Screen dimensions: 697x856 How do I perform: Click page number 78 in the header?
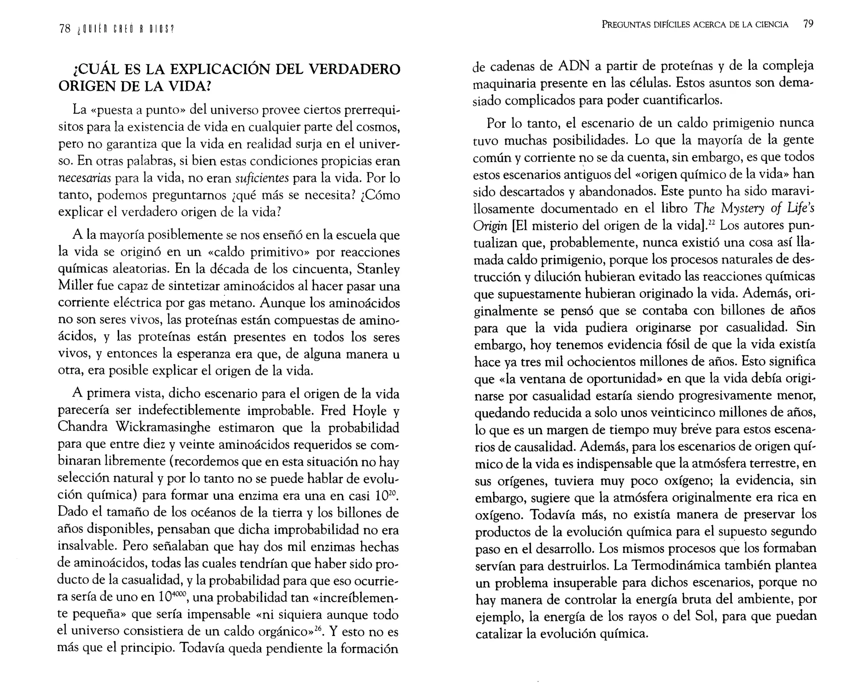65,29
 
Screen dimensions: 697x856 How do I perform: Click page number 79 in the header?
808,24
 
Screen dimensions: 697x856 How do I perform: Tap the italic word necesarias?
84,178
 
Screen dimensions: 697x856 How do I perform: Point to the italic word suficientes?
262,178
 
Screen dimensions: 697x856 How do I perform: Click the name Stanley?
378,269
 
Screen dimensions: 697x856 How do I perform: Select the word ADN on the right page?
573,66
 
